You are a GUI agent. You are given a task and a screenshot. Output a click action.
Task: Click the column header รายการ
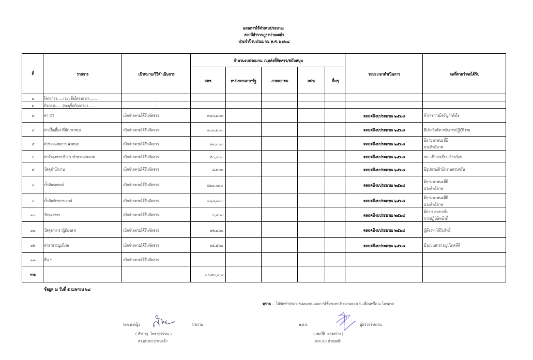pyautogui.click(x=82, y=74)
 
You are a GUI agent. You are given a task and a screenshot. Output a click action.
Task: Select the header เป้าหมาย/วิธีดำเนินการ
pyautogui.click(x=156, y=74)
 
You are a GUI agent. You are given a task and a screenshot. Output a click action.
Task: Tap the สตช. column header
pyautogui.click(x=208, y=81)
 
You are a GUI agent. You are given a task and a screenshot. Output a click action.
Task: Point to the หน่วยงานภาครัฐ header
pyautogui.click(x=243, y=81)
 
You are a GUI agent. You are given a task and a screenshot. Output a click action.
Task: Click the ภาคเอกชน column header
pyautogui.click(x=279, y=81)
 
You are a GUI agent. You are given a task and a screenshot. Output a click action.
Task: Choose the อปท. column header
pyautogui.click(x=311, y=81)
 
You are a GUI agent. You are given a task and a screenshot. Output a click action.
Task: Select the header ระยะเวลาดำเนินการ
pyautogui.click(x=384, y=74)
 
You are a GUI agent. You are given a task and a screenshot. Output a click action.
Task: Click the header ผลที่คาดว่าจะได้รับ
pyautogui.click(x=464, y=74)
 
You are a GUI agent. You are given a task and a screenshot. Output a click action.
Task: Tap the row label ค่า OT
pyautogui.click(x=50, y=115)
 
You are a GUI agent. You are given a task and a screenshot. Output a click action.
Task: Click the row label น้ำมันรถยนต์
pyautogui.click(x=54, y=185)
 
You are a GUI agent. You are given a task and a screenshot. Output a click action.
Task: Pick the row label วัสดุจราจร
pyautogui.click(x=52, y=215)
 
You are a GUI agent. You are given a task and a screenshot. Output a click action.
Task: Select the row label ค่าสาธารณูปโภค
pyautogui.click(x=56, y=245)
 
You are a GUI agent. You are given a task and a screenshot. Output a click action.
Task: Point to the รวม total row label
pyautogui.click(x=33, y=274)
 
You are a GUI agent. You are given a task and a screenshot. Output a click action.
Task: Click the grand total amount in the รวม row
pyautogui.click(x=214, y=275)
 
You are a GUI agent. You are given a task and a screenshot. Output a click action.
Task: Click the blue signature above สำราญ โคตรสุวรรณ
pyautogui.click(x=163, y=321)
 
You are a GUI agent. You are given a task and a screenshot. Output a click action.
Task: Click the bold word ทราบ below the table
pyautogui.click(x=266, y=304)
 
